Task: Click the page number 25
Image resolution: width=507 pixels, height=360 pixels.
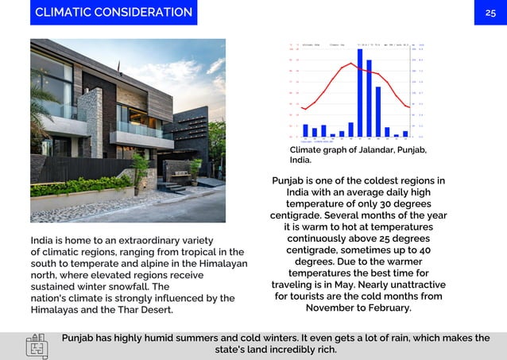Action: (x=490, y=13)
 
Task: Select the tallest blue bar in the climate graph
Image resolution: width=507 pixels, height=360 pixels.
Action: (x=360, y=92)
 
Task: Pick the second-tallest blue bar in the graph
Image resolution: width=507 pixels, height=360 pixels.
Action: (x=369, y=99)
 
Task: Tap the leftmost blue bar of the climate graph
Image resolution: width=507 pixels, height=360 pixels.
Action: (x=305, y=130)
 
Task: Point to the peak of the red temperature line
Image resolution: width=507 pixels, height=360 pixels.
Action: (x=351, y=64)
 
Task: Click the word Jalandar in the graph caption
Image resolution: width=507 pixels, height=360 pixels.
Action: (x=377, y=150)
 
